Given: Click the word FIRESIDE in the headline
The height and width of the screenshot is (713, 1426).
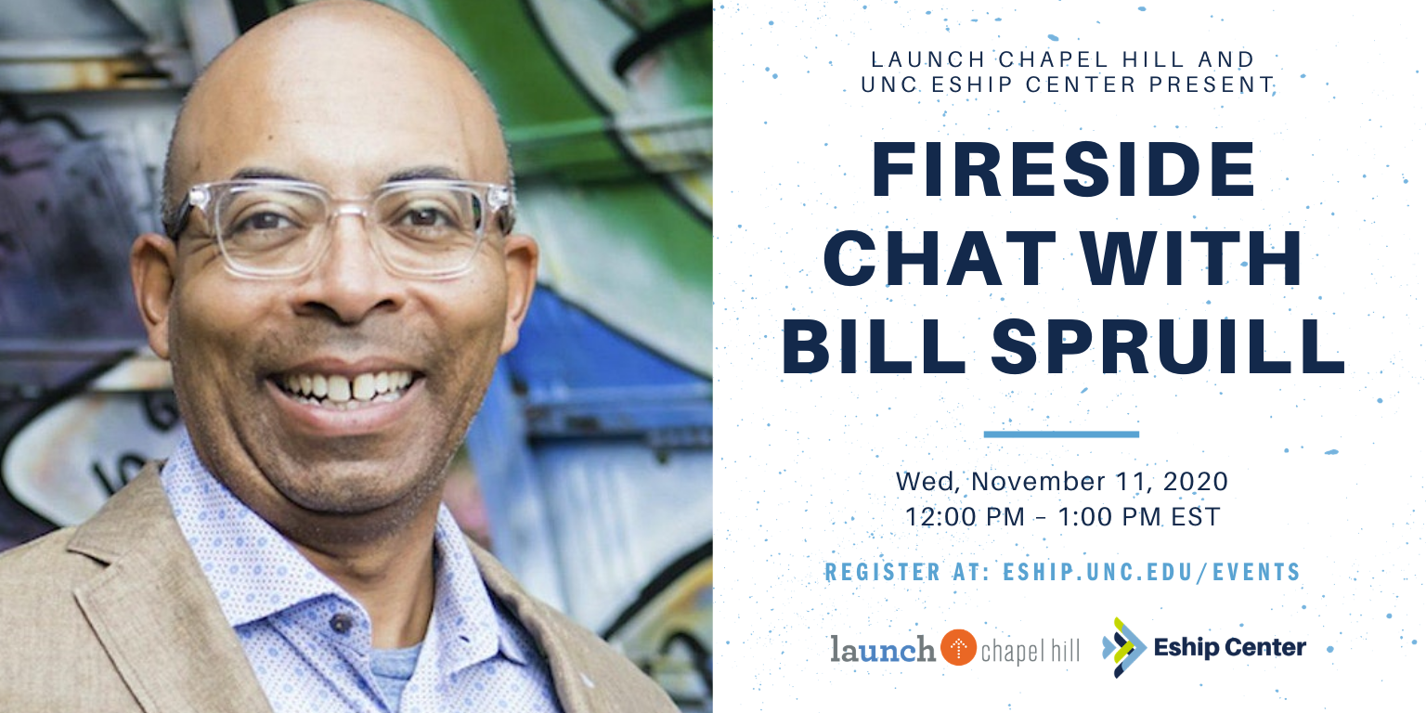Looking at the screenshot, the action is click(x=1063, y=169).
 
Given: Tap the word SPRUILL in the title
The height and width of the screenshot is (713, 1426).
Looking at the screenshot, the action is click(x=1168, y=347).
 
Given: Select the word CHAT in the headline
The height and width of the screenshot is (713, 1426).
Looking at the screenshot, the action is click(x=940, y=258).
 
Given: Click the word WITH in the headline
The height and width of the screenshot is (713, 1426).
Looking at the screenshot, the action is click(x=1191, y=258).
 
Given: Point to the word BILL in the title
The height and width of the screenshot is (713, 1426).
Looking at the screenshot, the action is click(x=874, y=347).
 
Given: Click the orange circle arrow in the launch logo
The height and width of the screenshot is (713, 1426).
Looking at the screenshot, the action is click(x=958, y=647).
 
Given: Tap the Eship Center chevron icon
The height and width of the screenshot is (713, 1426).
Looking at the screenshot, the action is click(x=1123, y=647).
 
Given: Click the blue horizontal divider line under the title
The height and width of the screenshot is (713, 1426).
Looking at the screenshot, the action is click(x=1061, y=434).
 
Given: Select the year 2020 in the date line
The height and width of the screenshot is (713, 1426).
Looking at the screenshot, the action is click(x=1196, y=481).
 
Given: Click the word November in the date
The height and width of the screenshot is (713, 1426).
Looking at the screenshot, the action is click(x=1039, y=481).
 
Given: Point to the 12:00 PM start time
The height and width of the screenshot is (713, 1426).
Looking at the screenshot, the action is click(x=965, y=517).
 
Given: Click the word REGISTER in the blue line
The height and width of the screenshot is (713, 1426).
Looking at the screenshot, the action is click(x=882, y=572).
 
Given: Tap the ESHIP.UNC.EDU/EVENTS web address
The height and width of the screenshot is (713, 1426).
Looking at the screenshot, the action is click(x=1151, y=572).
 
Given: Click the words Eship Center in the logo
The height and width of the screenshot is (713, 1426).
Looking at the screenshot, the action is click(x=1230, y=647).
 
